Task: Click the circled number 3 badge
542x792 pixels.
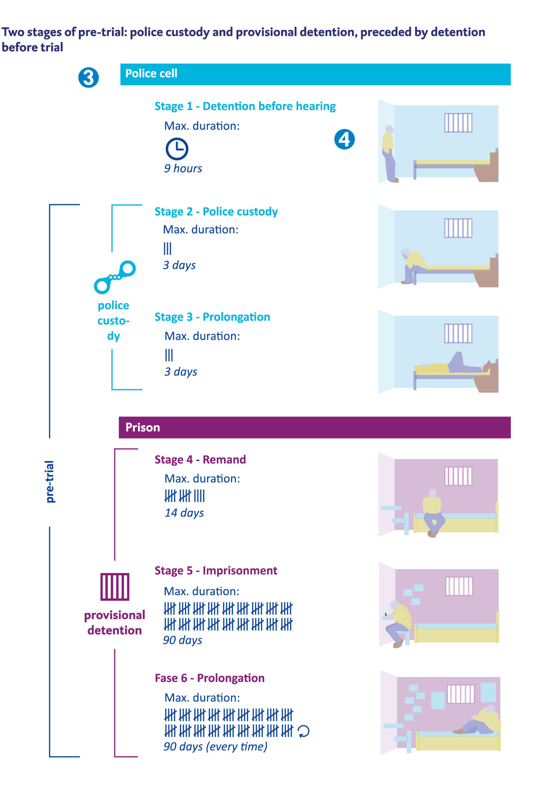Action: click(88, 78)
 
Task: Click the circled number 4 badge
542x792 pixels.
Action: click(344, 140)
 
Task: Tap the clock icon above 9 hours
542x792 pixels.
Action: click(177, 149)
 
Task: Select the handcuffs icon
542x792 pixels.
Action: click(115, 278)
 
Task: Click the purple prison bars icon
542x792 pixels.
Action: click(115, 587)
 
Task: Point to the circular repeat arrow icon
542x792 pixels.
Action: click(304, 731)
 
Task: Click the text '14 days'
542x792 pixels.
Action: click(184, 513)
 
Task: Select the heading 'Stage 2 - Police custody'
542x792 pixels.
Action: click(216, 212)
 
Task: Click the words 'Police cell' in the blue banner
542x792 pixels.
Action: click(151, 74)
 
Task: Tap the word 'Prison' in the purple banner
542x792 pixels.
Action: click(143, 428)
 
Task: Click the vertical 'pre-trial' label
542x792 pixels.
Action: click(50, 481)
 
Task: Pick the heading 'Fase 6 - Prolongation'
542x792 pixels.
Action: click(210, 678)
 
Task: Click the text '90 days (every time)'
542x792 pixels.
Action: click(215, 747)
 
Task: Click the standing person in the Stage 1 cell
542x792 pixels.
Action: click(389, 153)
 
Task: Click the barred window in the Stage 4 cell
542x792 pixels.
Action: click(458, 476)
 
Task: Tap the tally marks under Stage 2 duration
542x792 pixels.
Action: click(167, 248)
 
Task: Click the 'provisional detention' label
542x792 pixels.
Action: click(115, 623)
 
